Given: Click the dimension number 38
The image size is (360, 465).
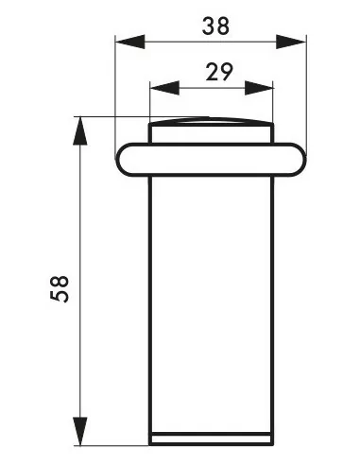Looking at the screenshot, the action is [x=215, y=26].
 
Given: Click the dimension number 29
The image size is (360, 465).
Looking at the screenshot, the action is [x=219, y=72].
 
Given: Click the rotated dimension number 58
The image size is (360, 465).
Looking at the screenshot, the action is [x=60, y=289].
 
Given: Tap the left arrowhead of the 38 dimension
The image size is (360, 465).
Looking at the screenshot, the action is [x=130, y=42].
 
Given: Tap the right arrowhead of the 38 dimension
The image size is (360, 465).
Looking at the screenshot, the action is [x=291, y=42].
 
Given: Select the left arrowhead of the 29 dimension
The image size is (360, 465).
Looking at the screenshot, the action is [x=164, y=88].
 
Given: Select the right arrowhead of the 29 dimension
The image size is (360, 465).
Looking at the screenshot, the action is [x=259, y=88].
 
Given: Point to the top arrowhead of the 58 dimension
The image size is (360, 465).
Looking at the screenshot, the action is [x=80, y=131].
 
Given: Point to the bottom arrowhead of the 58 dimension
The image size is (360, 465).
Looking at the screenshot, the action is [x=80, y=431].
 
